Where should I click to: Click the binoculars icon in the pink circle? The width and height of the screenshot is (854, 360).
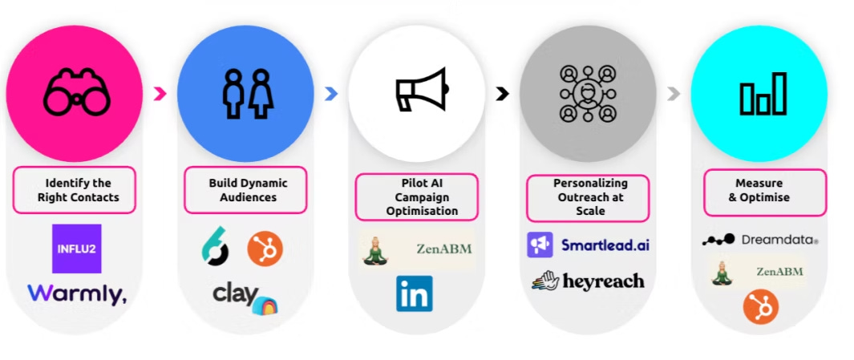pos(77,92)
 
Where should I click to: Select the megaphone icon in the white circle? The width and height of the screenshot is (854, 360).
pos(419,91)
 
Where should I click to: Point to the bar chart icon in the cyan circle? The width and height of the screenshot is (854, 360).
pos(762,94)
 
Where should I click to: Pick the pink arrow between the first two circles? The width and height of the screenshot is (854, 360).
pos(160,94)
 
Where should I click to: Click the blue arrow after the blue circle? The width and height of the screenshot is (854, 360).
pos(330,94)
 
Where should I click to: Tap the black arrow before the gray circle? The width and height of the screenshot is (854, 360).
pos(502,94)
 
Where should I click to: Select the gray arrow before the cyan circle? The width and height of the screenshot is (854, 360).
pos(674,94)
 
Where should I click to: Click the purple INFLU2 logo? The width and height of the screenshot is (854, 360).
pos(76,249)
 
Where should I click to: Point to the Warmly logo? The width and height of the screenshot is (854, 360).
pos(77,294)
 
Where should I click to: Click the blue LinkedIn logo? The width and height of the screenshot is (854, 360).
pos(414,293)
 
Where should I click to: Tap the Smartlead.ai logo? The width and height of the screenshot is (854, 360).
pos(588,245)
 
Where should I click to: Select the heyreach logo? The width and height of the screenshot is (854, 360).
pos(588,281)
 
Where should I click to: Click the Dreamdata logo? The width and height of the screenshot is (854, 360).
pos(759,239)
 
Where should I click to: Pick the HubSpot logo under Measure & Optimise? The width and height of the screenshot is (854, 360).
pos(761,307)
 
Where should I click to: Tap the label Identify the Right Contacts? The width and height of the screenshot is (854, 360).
pos(75,189)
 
